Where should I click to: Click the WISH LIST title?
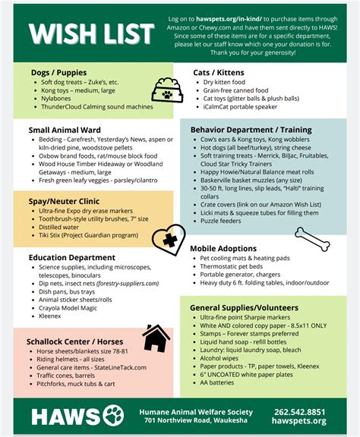pos(85,33)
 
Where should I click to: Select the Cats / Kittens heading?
pos(218,72)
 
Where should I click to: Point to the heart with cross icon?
pos(167,239)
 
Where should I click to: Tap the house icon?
pos(156,338)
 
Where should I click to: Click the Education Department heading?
pos(72,258)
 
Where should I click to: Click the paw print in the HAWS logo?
pos(112,416)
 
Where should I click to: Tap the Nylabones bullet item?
pos(56,99)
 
